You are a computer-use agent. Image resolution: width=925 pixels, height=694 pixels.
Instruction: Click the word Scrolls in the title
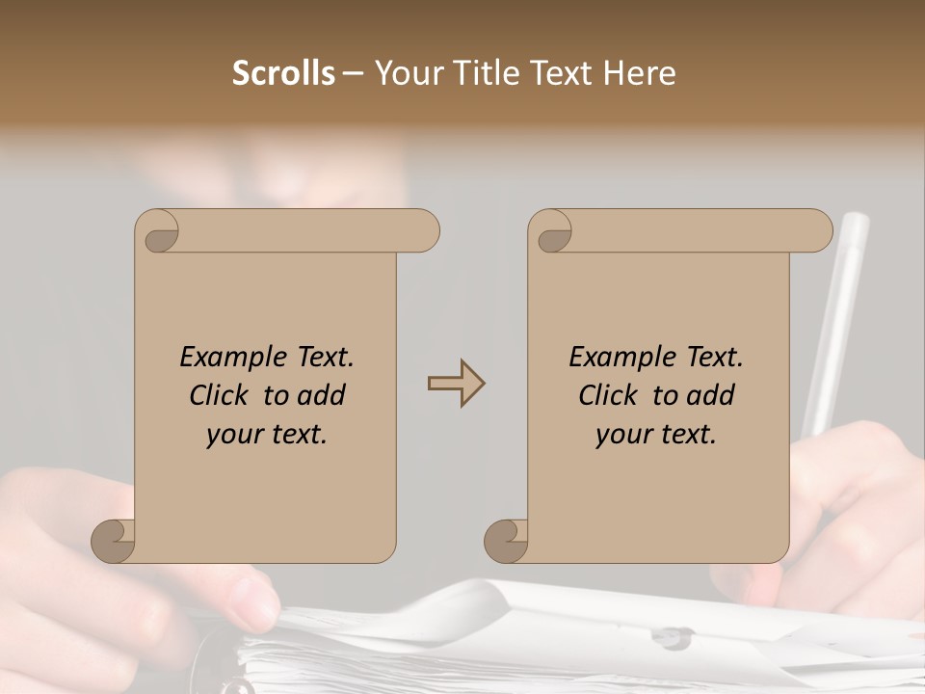[x=283, y=73]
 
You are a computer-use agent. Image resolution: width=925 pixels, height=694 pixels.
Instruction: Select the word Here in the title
[x=639, y=73]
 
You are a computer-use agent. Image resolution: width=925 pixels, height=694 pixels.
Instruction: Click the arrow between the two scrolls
[x=456, y=383]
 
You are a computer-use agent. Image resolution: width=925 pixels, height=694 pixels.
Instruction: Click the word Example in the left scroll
[x=233, y=358]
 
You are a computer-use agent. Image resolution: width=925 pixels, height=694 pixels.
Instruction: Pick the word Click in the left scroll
[x=222, y=395]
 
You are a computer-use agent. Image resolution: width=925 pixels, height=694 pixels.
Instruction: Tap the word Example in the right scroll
[x=622, y=358]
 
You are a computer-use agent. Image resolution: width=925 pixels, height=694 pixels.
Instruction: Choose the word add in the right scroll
[x=709, y=395]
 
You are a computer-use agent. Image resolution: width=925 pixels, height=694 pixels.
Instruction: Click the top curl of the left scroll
[x=158, y=232]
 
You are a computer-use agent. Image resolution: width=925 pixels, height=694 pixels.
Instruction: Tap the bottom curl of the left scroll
[x=114, y=540]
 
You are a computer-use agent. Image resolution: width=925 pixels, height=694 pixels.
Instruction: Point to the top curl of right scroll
[x=552, y=232]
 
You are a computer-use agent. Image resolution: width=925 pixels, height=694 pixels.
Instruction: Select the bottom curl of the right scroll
[x=506, y=540]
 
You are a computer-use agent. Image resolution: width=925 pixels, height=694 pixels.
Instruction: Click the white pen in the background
[x=835, y=317]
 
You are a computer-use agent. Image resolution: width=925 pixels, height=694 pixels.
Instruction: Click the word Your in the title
[x=405, y=73]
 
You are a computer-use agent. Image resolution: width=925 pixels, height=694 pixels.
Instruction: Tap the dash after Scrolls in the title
[x=353, y=74]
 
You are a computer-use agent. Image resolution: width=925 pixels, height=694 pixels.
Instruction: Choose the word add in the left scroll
[x=320, y=395]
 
